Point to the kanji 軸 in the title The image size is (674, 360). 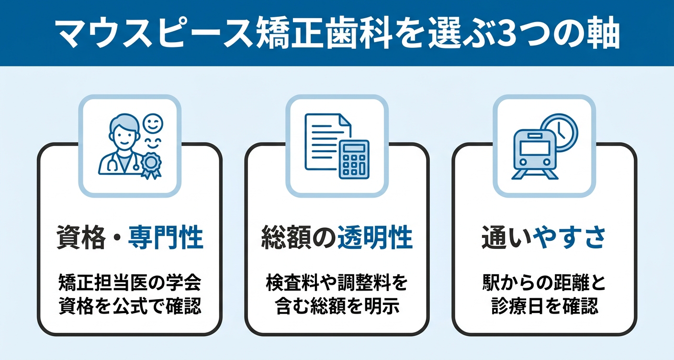coord(604,34)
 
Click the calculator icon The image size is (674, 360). coord(354,159)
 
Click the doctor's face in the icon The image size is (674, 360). coord(124,135)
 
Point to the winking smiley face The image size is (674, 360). coord(153,123)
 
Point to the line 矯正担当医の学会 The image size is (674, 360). coord(130,283)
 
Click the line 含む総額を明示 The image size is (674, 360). coord(337,306)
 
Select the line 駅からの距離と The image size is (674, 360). coord(544,283)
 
